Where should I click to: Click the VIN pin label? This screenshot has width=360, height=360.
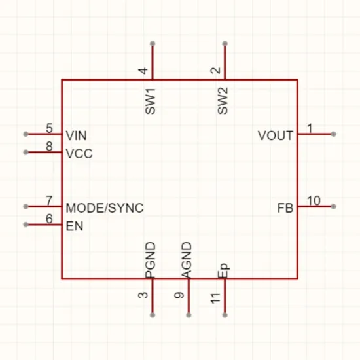[x=76, y=135]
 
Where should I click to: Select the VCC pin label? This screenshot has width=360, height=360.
[x=79, y=153]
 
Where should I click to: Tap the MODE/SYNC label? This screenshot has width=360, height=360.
[x=105, y=207]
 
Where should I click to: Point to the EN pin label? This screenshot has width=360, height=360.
[x=75, y=226]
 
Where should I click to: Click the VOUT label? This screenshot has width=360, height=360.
[x=276, y=135]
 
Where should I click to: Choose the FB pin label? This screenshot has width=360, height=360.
[x=285, y=208]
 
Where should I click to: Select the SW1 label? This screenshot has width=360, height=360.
[x=151, y=101]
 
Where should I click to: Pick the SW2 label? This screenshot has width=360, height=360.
[x=223, y=101]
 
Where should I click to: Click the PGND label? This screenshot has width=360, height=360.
[x=151, y=260]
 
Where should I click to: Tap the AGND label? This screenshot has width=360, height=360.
[x=187, y=260]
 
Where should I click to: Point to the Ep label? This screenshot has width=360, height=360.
[x=223, y=270]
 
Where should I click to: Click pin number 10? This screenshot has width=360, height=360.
[x=314, y=201]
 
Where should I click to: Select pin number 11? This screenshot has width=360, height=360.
[x=216, y=298]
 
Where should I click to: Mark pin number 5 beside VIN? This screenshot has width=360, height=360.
[x=49, y=128]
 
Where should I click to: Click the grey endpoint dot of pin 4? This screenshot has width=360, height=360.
[x=153, y=43]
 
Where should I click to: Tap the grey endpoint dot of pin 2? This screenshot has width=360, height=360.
[x=225, y=43]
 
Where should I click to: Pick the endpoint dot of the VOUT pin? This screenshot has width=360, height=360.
[x=334, y=134]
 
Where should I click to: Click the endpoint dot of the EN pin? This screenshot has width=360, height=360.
[x=26, y=225]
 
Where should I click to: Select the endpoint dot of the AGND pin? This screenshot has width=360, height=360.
[x=189, y=315]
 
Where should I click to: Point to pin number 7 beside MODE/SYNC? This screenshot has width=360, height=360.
[x=49, y=201]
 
